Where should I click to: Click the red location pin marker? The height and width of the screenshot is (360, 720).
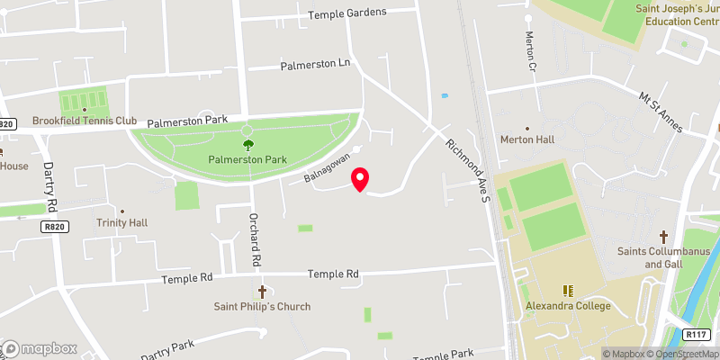(x=360, y=179)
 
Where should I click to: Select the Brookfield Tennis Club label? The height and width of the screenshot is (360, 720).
(x=85, y=121)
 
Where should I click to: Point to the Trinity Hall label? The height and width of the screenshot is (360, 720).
(x=122, y=222)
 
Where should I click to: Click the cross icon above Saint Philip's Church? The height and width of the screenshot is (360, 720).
(x=263, y=292)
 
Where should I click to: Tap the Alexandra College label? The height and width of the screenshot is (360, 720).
(x=569, y=306)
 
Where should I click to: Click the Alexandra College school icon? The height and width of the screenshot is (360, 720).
(x=568, y=291)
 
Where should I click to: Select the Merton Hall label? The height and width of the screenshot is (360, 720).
(x=527, y=140)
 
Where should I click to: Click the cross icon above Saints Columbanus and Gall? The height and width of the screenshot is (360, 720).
(x=664, y=237)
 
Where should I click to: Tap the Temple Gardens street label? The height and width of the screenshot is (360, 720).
(x=347, y=13)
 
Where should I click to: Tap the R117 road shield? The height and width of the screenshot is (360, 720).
(x=695, y=334)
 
